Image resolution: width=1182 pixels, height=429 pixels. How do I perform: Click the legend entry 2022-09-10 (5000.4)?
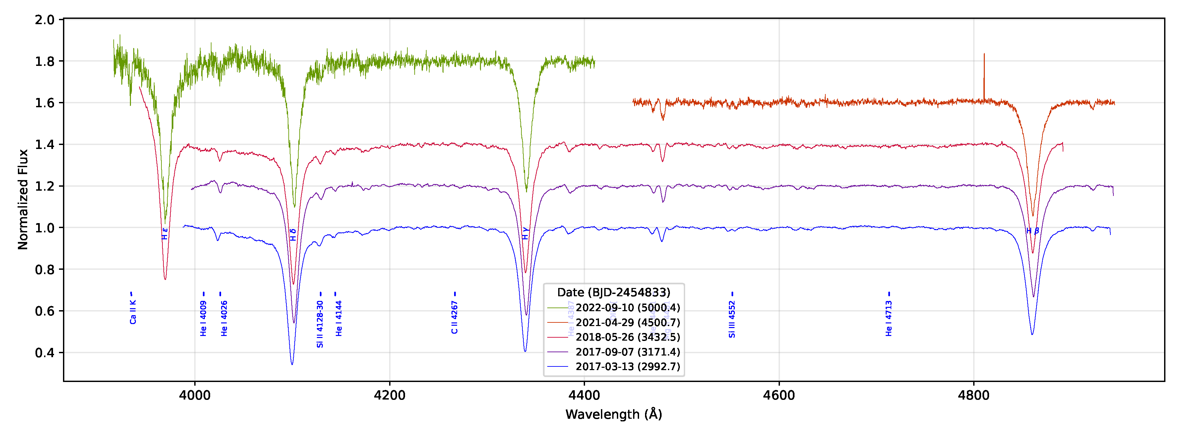click(x=627, y=308)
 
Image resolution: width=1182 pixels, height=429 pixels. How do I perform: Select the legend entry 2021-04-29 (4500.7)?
click(x=627, y=322)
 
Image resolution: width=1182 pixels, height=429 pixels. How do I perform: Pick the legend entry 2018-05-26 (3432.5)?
click(x=627, y=337)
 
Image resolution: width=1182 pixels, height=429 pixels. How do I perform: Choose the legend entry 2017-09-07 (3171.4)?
click(x=627, y=352)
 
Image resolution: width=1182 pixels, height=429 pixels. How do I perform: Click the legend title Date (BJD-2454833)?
click(x=614, y=292)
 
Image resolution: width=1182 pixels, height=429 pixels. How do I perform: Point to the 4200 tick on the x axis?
click(x=389, y=381)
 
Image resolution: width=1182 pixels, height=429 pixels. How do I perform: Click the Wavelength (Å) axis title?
click(x=614, y=414)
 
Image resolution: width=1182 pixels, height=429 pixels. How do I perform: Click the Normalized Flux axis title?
click(x=23, y=199)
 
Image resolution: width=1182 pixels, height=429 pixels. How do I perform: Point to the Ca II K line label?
click(x=133, y=312)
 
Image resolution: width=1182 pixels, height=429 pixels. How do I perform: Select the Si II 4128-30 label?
click(x=320, y=324)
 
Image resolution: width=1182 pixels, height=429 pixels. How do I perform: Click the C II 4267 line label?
click(x=454, y=317)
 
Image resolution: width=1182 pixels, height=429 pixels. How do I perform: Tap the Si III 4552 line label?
click(x=732, y=319)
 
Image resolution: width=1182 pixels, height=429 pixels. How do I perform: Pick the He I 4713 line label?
click(x=889, y=318)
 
